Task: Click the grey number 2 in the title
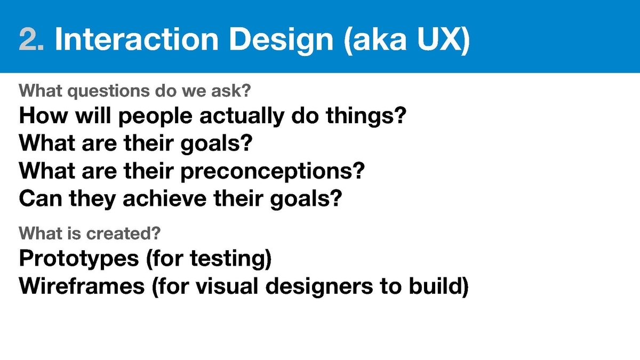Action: coord(29,39)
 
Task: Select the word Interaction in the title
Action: coord(137,39)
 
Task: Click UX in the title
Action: coord(440,39)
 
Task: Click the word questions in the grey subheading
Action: coord(109,91)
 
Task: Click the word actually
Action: coord(242,117)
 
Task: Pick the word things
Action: coord(362,116)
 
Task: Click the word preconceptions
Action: coord(269,171)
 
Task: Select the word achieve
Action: coord(165,198)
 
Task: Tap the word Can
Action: coord(41,198)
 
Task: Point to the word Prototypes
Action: coord(79,259)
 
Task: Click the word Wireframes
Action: coord(82,286)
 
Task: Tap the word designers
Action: coord(319,287)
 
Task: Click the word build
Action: coord(435,286)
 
